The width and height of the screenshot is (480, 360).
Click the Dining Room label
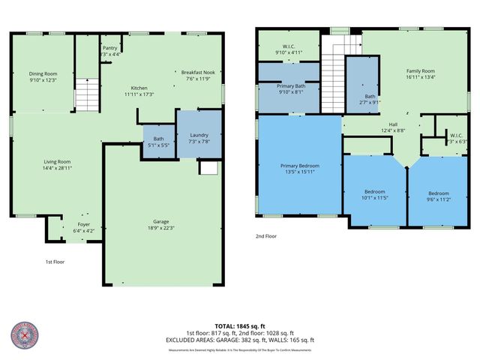pos(43,73)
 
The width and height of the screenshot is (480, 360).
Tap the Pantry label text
pos(109,47)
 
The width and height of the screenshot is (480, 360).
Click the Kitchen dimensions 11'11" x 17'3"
pos(139,94)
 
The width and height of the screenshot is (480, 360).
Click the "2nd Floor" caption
pos(266,236)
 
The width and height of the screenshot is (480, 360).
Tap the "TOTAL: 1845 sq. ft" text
pos(240,325)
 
